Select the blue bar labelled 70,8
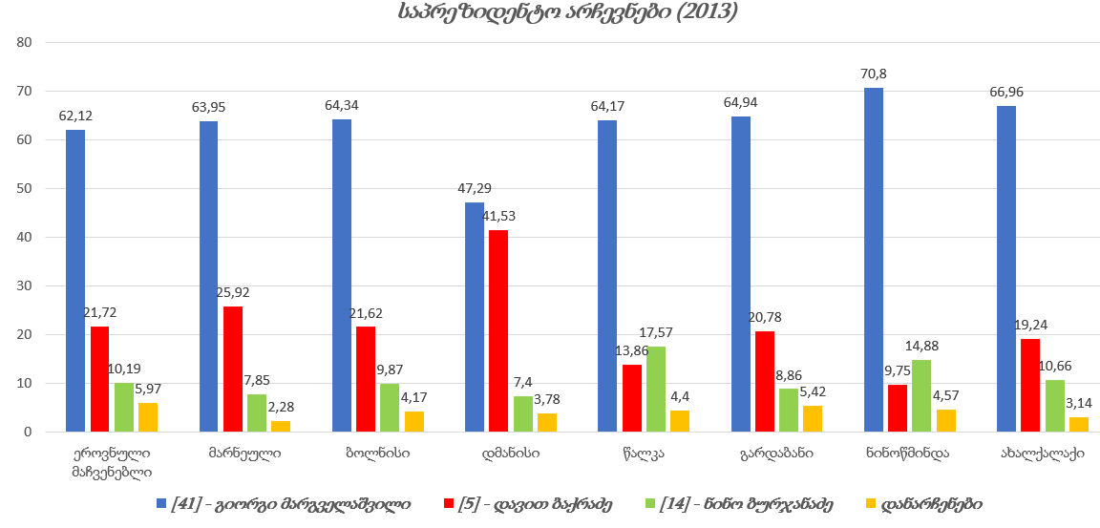tap(874, 260)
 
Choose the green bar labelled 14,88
tap(920, 395)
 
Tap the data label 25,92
tap(232, 293)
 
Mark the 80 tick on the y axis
tap(25, 42)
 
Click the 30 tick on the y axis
tap(25, 285)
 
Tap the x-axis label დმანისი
tap(510, 454)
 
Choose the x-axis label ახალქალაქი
tap(1042, 454)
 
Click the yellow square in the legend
tap(870, 503)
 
